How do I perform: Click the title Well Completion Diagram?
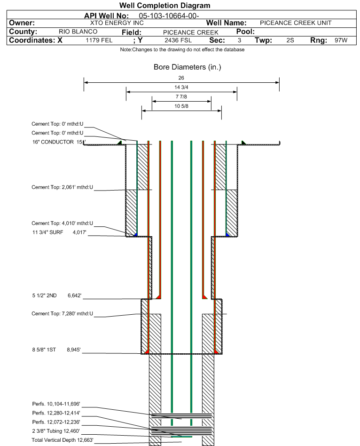(x=164, y=6)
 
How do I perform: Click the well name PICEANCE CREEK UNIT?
(x=296, y=23)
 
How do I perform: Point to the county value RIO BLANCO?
(x=78, y=32)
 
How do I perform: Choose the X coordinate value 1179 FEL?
(x=99, y=40)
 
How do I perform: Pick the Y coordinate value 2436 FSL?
(x=178, y=40)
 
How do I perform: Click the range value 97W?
(x=341, y=40)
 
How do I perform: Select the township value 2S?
(x=290, y=40)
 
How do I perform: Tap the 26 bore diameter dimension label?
(x=181, y=78)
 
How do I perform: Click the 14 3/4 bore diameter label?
(x=181, y=88)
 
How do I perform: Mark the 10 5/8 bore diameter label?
(x=181, y=106)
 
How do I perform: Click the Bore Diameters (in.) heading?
(x=187, y=67)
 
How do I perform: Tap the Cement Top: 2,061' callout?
(x=63, y=187)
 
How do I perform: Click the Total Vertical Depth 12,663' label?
(x=63, y=440)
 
